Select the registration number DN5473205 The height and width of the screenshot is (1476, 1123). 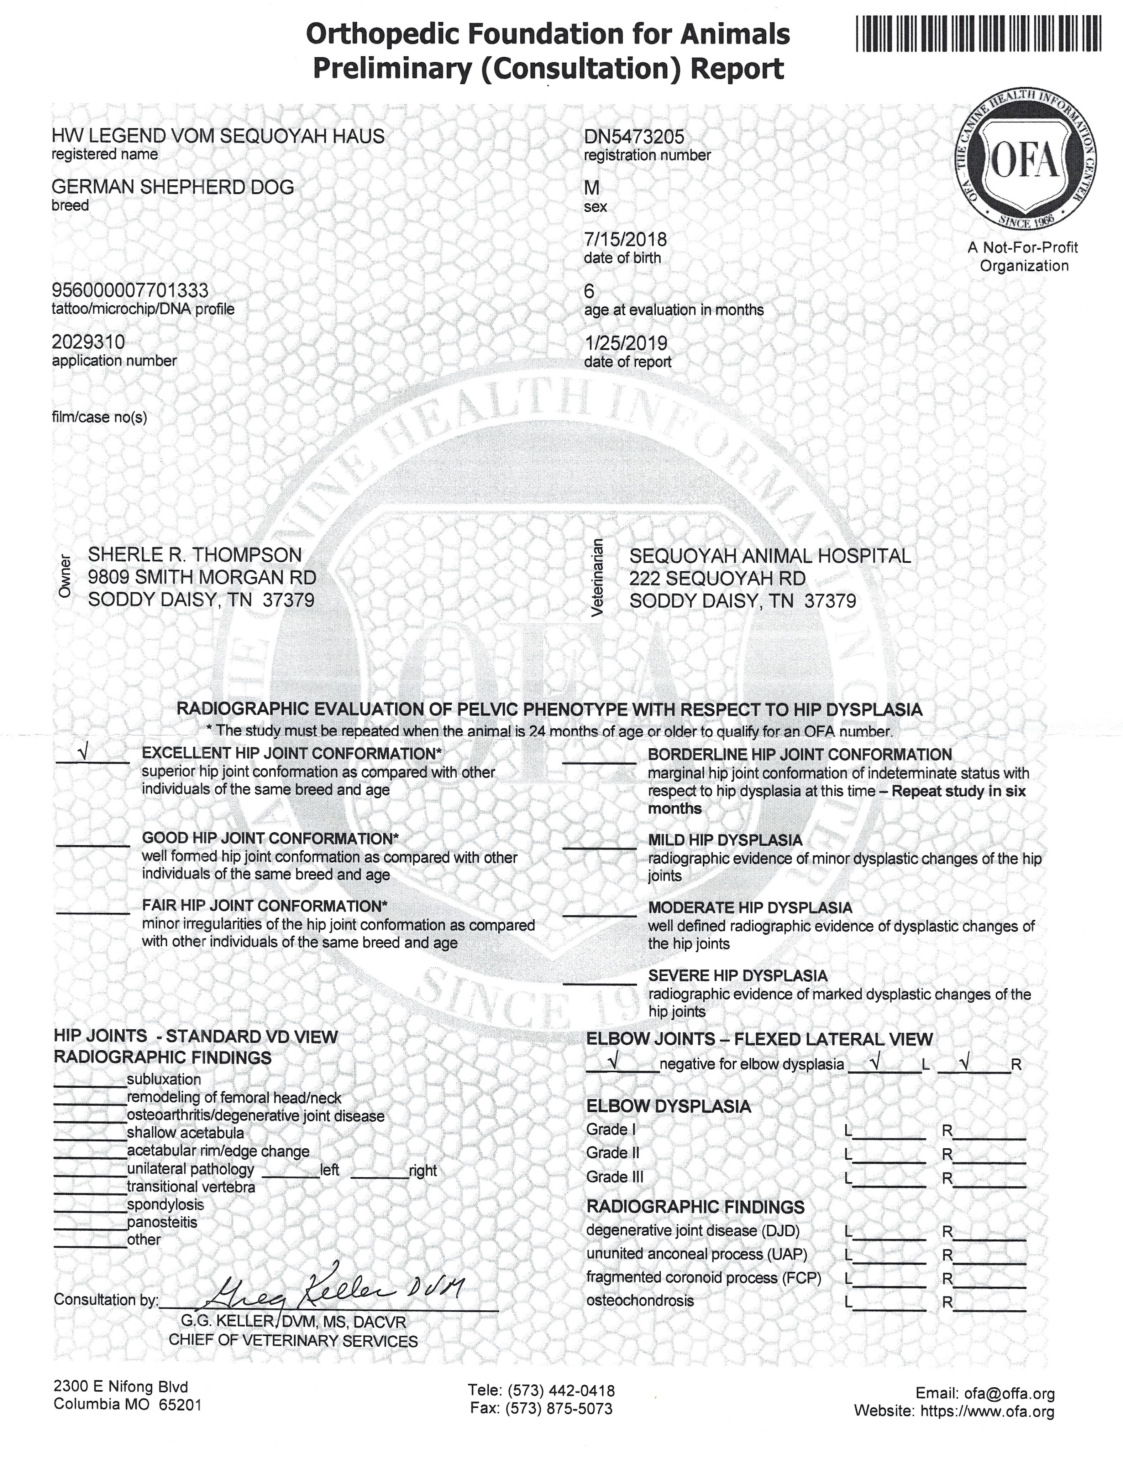tap(634, 137)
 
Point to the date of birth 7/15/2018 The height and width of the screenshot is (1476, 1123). tap(625, 239)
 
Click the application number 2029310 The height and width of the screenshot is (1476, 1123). tap(88, 342)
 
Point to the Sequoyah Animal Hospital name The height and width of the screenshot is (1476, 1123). tap(770, 556)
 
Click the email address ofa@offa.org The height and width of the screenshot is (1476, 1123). tap(1009, 1394)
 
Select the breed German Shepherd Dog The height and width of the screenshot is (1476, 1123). tap(173, 187)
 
